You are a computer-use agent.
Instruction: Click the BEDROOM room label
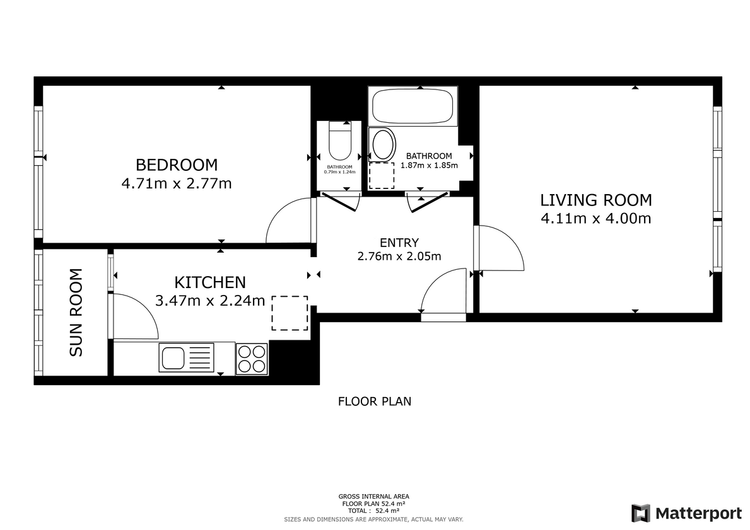pyautogui.click(x=177, y=165)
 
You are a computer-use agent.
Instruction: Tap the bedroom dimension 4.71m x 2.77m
pyautogui.click(x=177, y=184)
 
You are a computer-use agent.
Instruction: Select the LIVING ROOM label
pyautogui.click(x=595, y=200)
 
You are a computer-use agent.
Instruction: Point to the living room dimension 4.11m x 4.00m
pyautogui.click(x=595, y=219)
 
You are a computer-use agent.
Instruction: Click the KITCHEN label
pyautogui.click(x=210, y=282)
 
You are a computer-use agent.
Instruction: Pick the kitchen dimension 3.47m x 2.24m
pyautogui.click(x=210, y=301)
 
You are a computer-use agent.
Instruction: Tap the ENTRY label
pyautogui.click(x=399, y=243)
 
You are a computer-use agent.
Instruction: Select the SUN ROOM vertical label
pyautogui.click(x=76, y=313)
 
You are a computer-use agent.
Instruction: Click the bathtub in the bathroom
pyautogui.click(x=413, y=107)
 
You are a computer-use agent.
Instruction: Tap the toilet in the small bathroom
pyautogui.click(x=339, y=144)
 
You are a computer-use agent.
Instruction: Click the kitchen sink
pyautogui.click(x=186, y=358)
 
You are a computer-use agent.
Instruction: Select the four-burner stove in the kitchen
pyautogui.click(x=252, y=359)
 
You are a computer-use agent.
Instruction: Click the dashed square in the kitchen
pyautogui.click(x=290, y=313)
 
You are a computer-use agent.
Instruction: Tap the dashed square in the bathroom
pyautogui.click(x=381, y=176)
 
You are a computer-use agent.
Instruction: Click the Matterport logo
pyautogui.click(x=686, y=513)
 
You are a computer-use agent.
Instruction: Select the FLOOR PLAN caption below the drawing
pyautogui.click(x=375, y=401)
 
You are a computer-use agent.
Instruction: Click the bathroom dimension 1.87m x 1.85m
pyautogui.click(x=429, y=166)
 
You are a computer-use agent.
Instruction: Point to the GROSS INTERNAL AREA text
pyautogui.click(x=374, y=497)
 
